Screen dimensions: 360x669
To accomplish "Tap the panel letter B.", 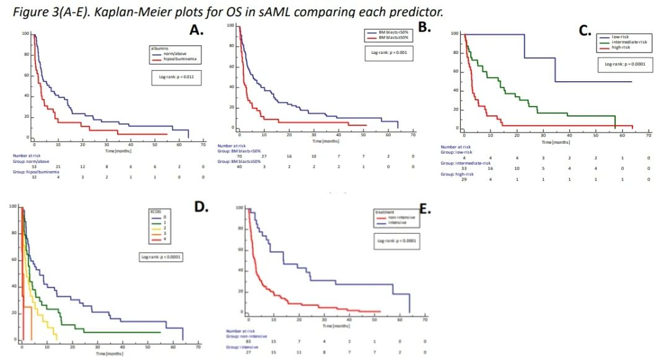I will click(x=424, y=27).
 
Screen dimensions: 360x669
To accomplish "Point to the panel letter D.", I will click(x=202, y=206).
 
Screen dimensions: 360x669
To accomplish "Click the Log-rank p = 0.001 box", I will click(x=388, y=53).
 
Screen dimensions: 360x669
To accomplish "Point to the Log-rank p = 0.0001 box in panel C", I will click(x=625, y=64).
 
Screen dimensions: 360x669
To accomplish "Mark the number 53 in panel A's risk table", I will click(x=33, y=166).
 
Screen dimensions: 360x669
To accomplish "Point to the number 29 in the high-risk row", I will click(x=464, y=180).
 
